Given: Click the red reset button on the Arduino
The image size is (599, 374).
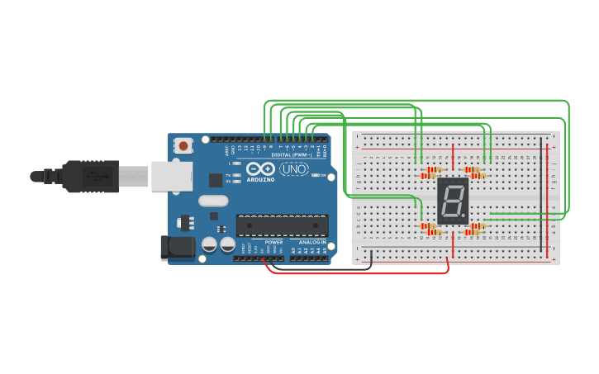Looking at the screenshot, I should click(x=183, y=146).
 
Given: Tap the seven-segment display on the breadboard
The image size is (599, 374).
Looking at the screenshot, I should click(x=453, y=200).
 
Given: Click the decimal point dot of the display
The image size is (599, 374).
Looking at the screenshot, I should click(x=465, y=216).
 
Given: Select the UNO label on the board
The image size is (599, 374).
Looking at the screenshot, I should click(x=293, y=169).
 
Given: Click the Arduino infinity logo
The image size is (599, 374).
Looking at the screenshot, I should click(x=259, y=168).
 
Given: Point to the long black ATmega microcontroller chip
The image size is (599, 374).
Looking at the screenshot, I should click(x=282, y=225).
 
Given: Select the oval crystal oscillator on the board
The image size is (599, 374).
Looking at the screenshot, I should click(x=212, y=201).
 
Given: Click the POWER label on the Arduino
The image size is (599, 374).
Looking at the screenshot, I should click(x=273, y=242).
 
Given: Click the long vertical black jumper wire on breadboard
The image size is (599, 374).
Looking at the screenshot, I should click(x=541, y=195).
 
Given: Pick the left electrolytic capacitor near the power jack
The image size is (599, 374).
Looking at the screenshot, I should click(x=209, y=244).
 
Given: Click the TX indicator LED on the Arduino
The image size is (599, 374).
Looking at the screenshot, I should click(x=237, y=175).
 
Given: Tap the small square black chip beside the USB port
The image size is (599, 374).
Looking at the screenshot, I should click(x=216, y=179).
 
